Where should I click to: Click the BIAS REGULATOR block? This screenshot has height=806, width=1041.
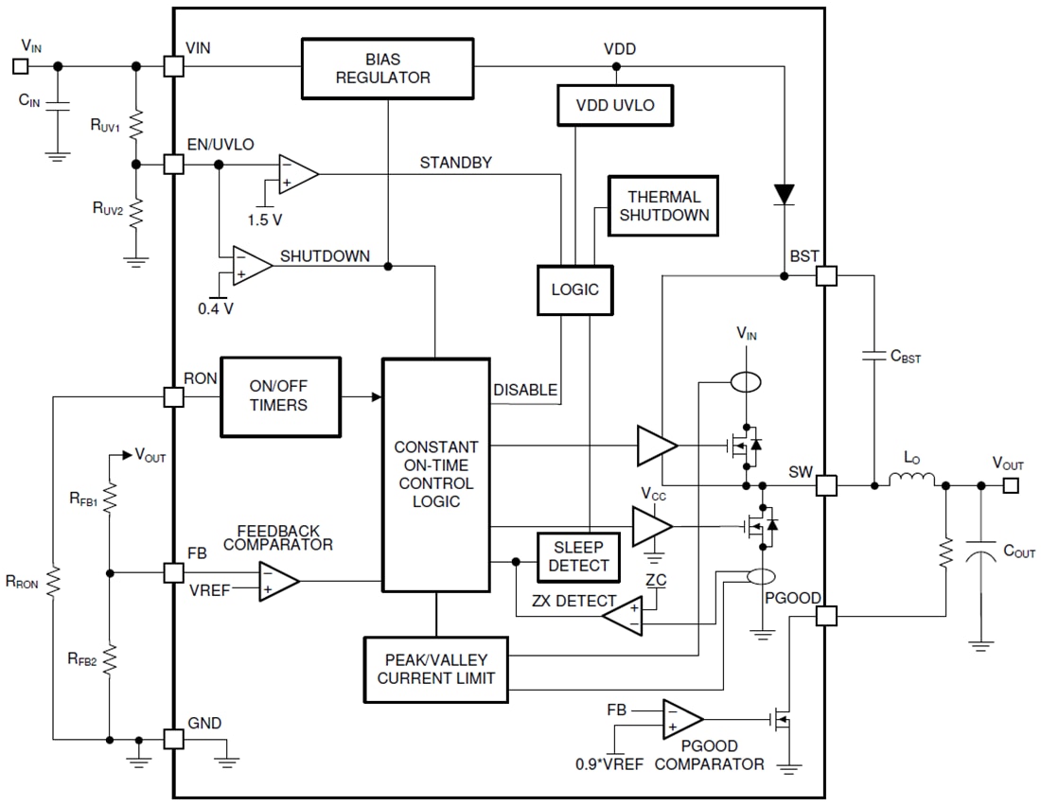click(388, 68)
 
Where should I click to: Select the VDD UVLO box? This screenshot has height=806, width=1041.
click(615, 105)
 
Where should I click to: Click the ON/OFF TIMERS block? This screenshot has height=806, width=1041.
click(279, 396)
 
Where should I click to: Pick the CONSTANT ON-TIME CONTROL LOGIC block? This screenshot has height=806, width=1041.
click(435, 474)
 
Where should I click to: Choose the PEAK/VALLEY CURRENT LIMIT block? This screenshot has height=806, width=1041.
click(435, 669)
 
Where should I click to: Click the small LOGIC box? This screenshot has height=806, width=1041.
click(575, 289)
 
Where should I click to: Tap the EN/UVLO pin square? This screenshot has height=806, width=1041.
click(173, 164)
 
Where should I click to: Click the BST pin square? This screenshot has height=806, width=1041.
click(826, 275)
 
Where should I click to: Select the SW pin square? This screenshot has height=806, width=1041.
click(826, 485)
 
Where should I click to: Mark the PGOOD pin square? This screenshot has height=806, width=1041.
click(826, 616)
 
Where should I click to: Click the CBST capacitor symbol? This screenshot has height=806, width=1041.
click(872, 357)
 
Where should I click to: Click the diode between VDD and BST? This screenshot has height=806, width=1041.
click(784, 194)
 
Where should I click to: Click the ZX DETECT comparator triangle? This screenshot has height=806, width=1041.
click(624, 617)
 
